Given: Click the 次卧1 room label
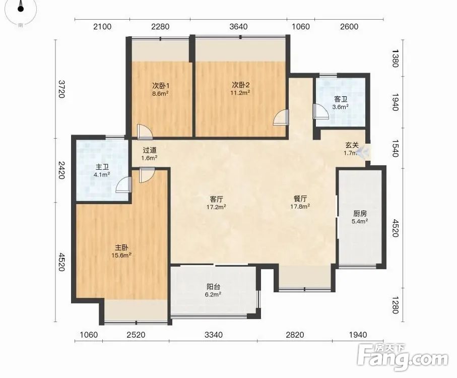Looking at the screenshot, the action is [161, 86].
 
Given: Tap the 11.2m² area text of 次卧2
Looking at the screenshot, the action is [241, 93].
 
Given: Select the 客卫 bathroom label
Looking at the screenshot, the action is [341, 100].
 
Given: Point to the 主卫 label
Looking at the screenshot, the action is [102, 167].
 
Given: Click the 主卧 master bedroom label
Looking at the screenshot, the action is [121, 248].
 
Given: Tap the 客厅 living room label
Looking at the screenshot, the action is [216, 200].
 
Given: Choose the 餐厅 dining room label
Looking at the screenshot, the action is [300, 199].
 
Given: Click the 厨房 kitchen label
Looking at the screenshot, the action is [360, 214].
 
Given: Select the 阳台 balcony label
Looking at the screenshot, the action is [213, 287].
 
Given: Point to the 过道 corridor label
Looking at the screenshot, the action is [150, 150].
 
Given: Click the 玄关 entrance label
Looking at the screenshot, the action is [352, 145].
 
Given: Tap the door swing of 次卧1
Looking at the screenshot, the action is [145, 131].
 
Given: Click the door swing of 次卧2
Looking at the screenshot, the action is [281, 117].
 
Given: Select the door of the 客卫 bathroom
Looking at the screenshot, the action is [320, 111].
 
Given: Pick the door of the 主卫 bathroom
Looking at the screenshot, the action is [123, 184].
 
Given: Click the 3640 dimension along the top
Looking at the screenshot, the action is [238, 27].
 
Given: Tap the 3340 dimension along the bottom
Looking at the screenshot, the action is [213, 335].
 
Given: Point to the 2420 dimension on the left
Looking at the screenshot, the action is [61, 170].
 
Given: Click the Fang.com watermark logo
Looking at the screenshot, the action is [403, 357].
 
